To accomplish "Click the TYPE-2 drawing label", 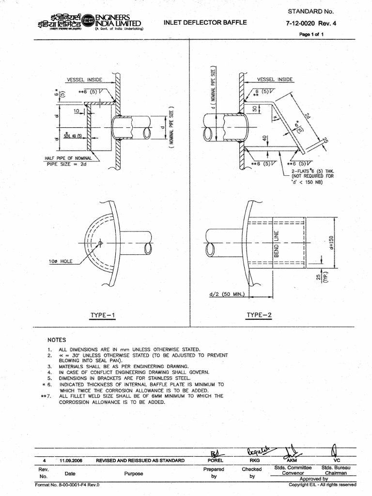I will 260,315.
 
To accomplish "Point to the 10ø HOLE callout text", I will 61,261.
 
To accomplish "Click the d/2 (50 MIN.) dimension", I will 227,294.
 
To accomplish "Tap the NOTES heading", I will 57,340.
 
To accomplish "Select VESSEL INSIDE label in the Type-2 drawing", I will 275,78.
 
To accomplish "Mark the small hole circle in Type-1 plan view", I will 100,243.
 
